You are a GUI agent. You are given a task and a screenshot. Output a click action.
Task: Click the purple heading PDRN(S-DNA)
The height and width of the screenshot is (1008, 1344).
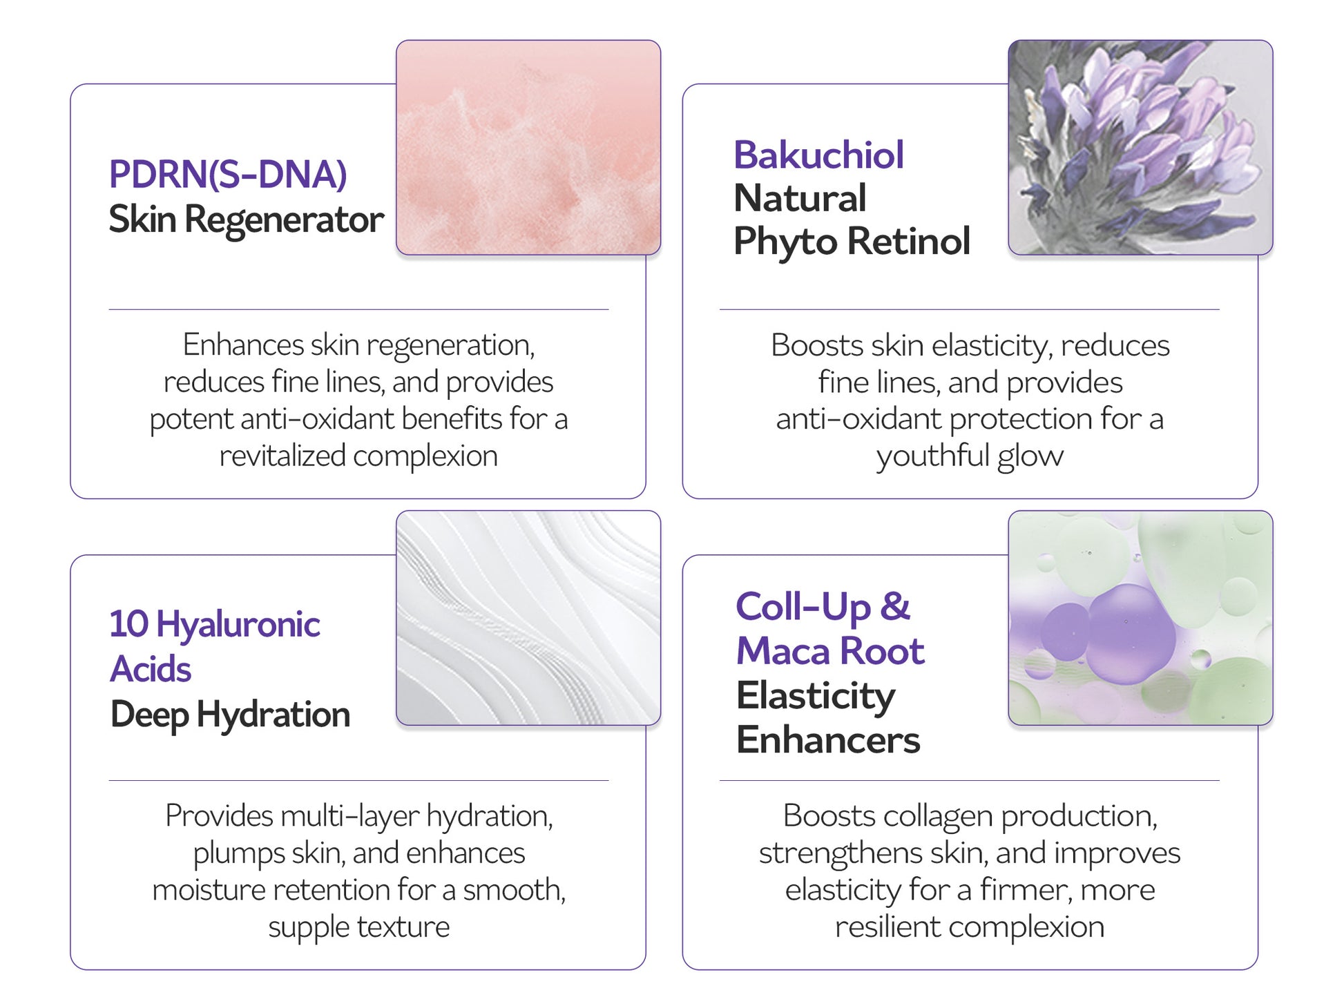point(228,175)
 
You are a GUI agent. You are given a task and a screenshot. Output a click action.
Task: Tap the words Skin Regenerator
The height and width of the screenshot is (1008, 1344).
point(246,220)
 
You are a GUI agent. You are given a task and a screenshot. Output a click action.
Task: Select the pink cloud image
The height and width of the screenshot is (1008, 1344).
point(528,147)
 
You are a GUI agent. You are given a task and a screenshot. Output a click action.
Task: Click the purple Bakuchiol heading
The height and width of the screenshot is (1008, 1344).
point(818,155)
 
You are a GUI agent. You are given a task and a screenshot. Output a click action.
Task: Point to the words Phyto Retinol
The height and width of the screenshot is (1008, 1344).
point(852,242)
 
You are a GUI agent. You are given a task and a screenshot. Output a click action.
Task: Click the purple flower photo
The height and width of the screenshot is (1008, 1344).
point(1140,147)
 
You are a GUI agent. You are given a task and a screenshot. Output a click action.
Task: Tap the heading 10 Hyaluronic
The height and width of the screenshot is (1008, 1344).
point(215,625)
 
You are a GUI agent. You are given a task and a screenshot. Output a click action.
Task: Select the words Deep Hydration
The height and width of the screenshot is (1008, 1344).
point(230,715)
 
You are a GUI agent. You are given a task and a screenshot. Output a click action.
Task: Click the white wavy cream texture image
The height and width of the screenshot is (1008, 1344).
point(528,618)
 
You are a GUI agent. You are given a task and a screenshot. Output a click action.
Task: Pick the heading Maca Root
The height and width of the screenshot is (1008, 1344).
point(830,651)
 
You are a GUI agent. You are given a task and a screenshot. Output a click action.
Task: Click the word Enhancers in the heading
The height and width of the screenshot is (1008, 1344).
point(828,740)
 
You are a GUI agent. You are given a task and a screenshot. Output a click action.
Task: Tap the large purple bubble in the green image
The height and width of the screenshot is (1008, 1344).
point(1130,634)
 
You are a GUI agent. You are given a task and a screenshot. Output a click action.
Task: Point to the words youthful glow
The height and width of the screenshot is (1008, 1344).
point(970,456)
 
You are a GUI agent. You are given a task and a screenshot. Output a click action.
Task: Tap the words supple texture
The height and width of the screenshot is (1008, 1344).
point(358,927)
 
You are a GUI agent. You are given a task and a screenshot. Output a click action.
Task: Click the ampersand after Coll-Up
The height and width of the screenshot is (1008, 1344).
point(894,607)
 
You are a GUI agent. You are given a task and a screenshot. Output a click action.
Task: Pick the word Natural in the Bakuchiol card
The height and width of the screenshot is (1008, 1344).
point(800,198)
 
